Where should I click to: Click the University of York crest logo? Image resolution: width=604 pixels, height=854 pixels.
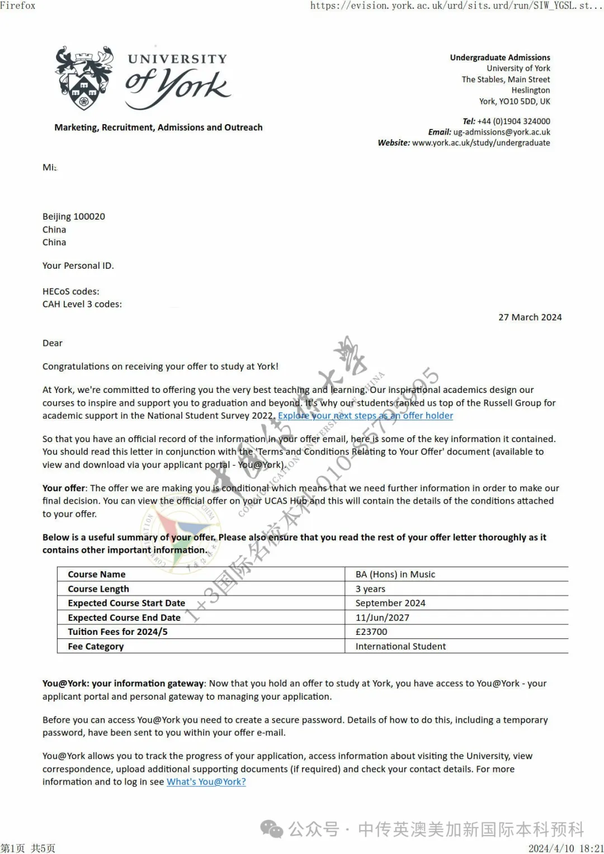(x=84, y=78)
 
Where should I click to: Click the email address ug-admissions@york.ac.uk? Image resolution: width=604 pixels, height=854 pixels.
(x=502, y=132)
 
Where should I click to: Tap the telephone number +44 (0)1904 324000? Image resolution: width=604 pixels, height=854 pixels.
(x=513, y=121)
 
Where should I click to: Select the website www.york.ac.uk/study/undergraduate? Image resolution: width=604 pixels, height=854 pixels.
(x=481, y=143)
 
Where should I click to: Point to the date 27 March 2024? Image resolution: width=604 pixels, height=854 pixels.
(x=530, y=317)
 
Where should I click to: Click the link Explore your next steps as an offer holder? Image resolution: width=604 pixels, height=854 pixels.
(x=365, y=416)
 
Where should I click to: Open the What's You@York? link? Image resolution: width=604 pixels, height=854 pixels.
(x=206, y=782)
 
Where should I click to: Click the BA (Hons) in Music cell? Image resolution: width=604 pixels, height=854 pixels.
(x=395, y=575)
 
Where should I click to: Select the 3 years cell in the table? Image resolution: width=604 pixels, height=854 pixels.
(x=370, y=589)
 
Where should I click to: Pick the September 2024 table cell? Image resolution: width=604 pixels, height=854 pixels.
(x=390, y=604)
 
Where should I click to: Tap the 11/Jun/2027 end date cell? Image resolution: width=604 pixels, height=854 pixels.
(x=383, y=618)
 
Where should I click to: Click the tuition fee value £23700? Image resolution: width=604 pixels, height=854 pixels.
(x=371, y=632)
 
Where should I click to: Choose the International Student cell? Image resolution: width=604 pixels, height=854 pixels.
(x=400, y=647)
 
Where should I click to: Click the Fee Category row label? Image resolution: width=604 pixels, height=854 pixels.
(x=96, y=647)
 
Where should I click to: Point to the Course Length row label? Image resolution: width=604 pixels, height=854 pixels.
(x=98, y=589)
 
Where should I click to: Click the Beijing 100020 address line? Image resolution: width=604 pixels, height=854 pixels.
(x=74, y=217)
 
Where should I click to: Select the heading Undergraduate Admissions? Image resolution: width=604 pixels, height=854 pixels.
(x=500, y=58)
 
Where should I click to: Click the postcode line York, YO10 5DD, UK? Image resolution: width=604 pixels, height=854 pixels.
(x=515, y=102)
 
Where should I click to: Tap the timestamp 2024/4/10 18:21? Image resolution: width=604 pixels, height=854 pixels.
(x=566, y=848)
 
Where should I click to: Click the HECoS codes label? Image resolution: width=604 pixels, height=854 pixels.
(x=71, y=292)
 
